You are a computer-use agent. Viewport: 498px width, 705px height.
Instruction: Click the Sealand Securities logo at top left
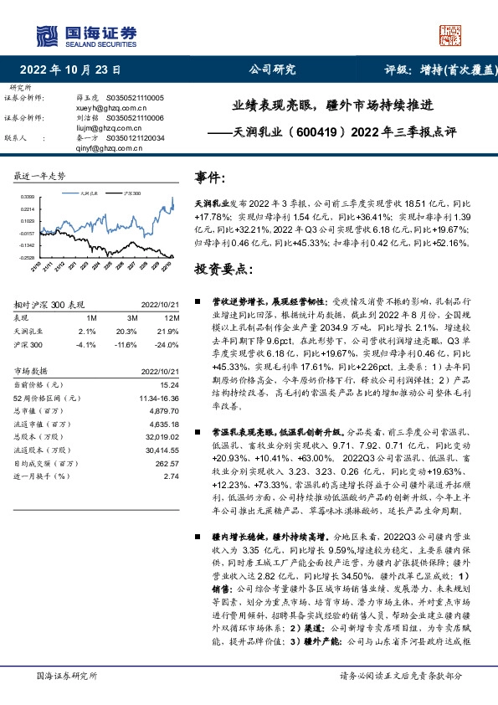click(x=85, y=34)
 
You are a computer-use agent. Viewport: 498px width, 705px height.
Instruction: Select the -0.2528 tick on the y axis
click(x=26, y=257)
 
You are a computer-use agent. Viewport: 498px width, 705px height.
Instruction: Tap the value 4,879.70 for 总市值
click(x=164, y=410)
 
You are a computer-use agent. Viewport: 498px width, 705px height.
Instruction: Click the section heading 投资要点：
click(x=224, y=270)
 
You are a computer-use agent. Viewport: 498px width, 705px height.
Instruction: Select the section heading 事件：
click(x=210, y=178)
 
